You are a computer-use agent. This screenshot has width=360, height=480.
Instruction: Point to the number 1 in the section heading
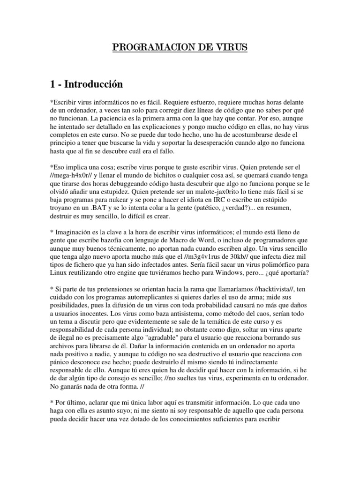pyautogui.click(x=52, y=84)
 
